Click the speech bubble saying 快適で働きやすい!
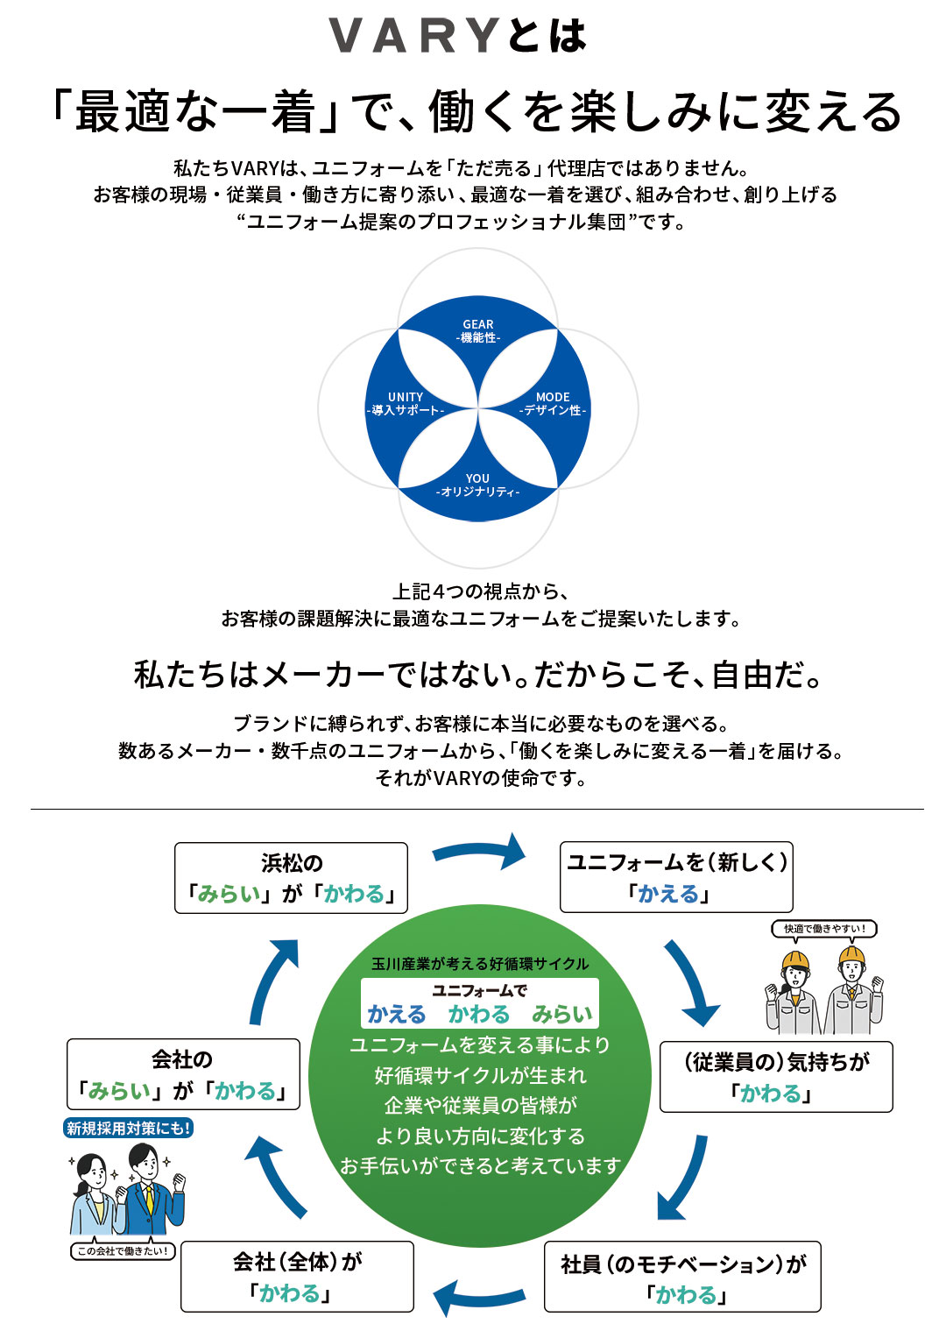click(824, 929)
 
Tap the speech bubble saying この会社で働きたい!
click(123, 1251)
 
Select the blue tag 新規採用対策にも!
click(129, 1129)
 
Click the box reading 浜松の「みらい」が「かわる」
click(292, 878)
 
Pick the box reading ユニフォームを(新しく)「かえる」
click(676, 878)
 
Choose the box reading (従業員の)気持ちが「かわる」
click(776, 1077)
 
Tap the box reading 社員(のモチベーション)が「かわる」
click(682, 1277)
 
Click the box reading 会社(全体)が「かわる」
click(297, 1277)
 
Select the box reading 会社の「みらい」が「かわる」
click(183, 1074)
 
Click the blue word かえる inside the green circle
click(396, 1015)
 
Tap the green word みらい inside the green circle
click(561, 1015)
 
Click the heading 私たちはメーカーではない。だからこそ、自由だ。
click(478, 675)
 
